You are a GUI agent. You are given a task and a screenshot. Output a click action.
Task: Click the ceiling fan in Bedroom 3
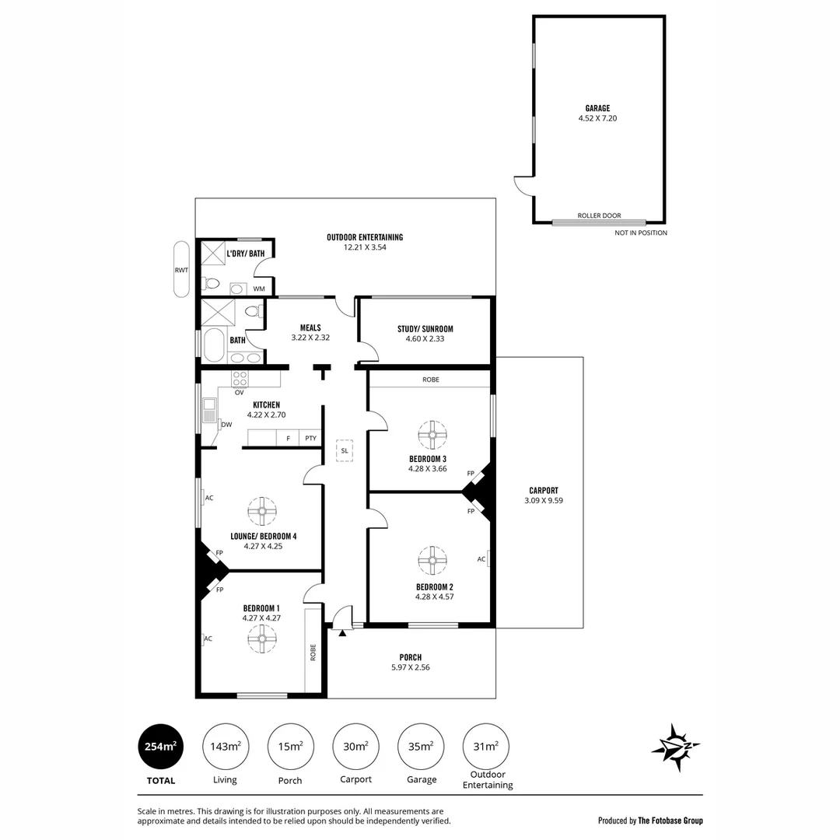(x=432, y=434)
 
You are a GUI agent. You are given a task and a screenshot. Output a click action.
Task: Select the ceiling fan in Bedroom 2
(x=432, y=559)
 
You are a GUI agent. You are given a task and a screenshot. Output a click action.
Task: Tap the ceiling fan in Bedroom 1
(x=262, y=639)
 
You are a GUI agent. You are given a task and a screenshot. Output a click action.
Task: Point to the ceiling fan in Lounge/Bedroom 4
(x=262, y=511)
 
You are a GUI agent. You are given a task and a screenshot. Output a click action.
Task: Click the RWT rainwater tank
(x=181, y=269)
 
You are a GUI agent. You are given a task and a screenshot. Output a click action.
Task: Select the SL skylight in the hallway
(x=344, y=450)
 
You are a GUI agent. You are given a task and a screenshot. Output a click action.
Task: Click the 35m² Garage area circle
(x=421, y=747)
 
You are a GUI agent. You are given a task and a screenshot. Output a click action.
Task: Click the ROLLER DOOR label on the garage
(x=598, y=215)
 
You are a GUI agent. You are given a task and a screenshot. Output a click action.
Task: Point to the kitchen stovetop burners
(x=240, y=379)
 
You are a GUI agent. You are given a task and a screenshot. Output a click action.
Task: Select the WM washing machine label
(x=259, y=289)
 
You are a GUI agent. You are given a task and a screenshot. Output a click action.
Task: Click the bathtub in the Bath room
(x=213, y=345)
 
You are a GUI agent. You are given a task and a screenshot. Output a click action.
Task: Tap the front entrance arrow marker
(x=342, y=633)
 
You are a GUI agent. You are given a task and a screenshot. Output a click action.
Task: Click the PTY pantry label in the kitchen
(x=310, y=439)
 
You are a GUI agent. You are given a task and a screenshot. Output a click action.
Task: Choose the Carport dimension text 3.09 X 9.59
(x=543, y=501)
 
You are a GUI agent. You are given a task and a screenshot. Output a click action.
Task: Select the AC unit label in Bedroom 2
(x=482, y=558)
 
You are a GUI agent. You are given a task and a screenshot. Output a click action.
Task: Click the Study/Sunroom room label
(x=425, y=329)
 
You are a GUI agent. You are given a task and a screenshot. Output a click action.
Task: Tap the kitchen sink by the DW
(x=209, y=410)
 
